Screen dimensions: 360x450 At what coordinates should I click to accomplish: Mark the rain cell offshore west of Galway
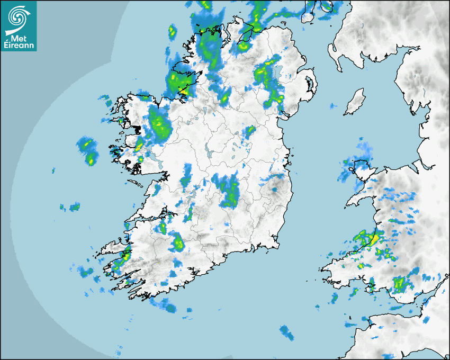pos(88,150)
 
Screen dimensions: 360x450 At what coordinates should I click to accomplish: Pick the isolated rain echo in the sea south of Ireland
pos(286,332)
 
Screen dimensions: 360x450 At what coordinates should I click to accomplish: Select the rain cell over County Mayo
pos(159,124)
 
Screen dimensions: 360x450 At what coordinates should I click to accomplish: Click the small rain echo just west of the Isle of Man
pos(333,106)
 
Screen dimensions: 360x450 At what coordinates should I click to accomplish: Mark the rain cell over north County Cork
pos(177,243)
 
